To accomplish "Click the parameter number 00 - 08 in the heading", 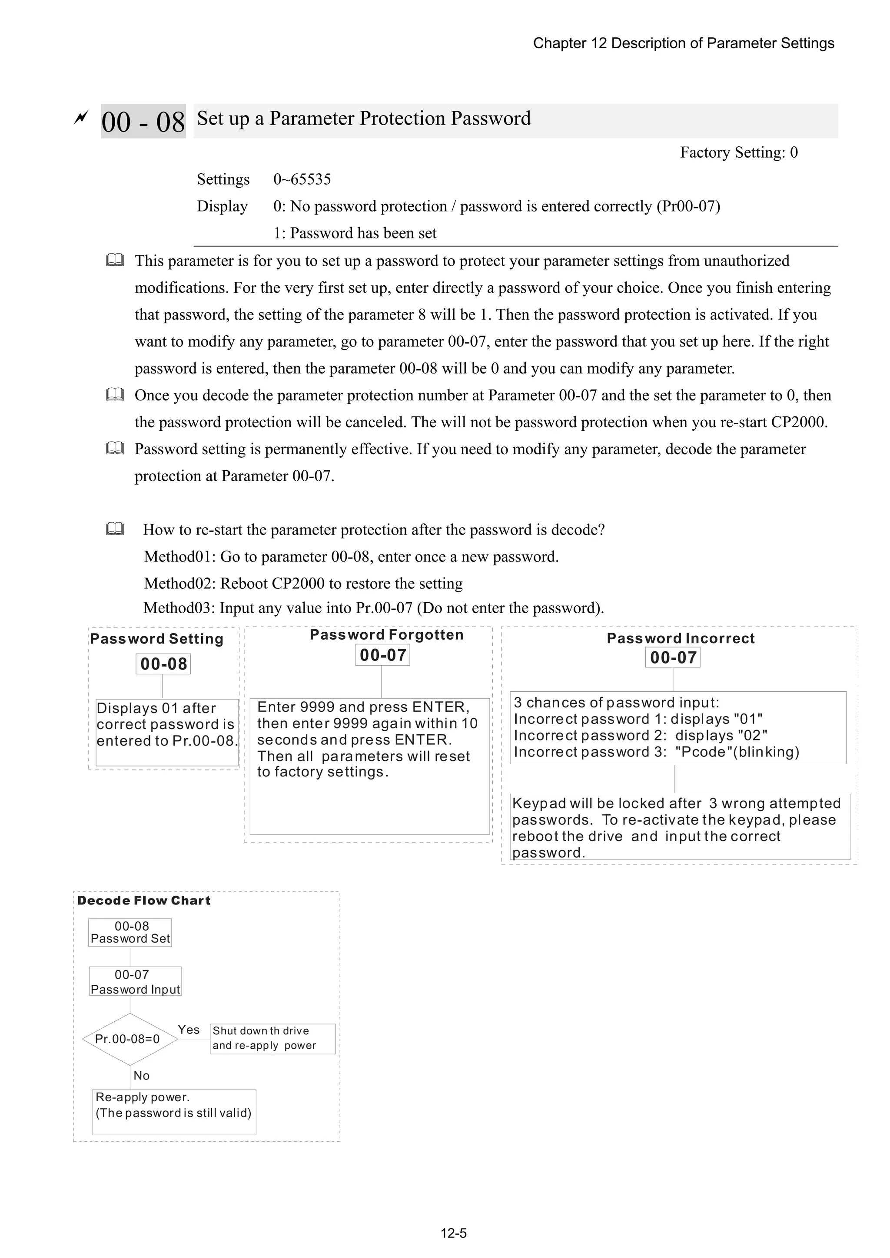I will point(143,121).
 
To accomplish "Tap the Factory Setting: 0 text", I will point(739,152).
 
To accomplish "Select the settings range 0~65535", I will point(302,179).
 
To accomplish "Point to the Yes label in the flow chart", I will point(189,1030).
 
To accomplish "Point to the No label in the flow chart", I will point(142,1076).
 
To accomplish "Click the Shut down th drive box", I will point(272,1038).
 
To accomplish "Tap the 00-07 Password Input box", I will point(135,982).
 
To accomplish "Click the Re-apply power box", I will point(174,1112).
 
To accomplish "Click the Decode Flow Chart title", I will point(144,901).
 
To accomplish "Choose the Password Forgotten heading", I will point(387,635).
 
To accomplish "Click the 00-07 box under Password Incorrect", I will point(673,657).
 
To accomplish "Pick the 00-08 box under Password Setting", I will point(163,664).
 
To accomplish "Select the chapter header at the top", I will point(683,43).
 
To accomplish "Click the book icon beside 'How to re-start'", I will point(115,529).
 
